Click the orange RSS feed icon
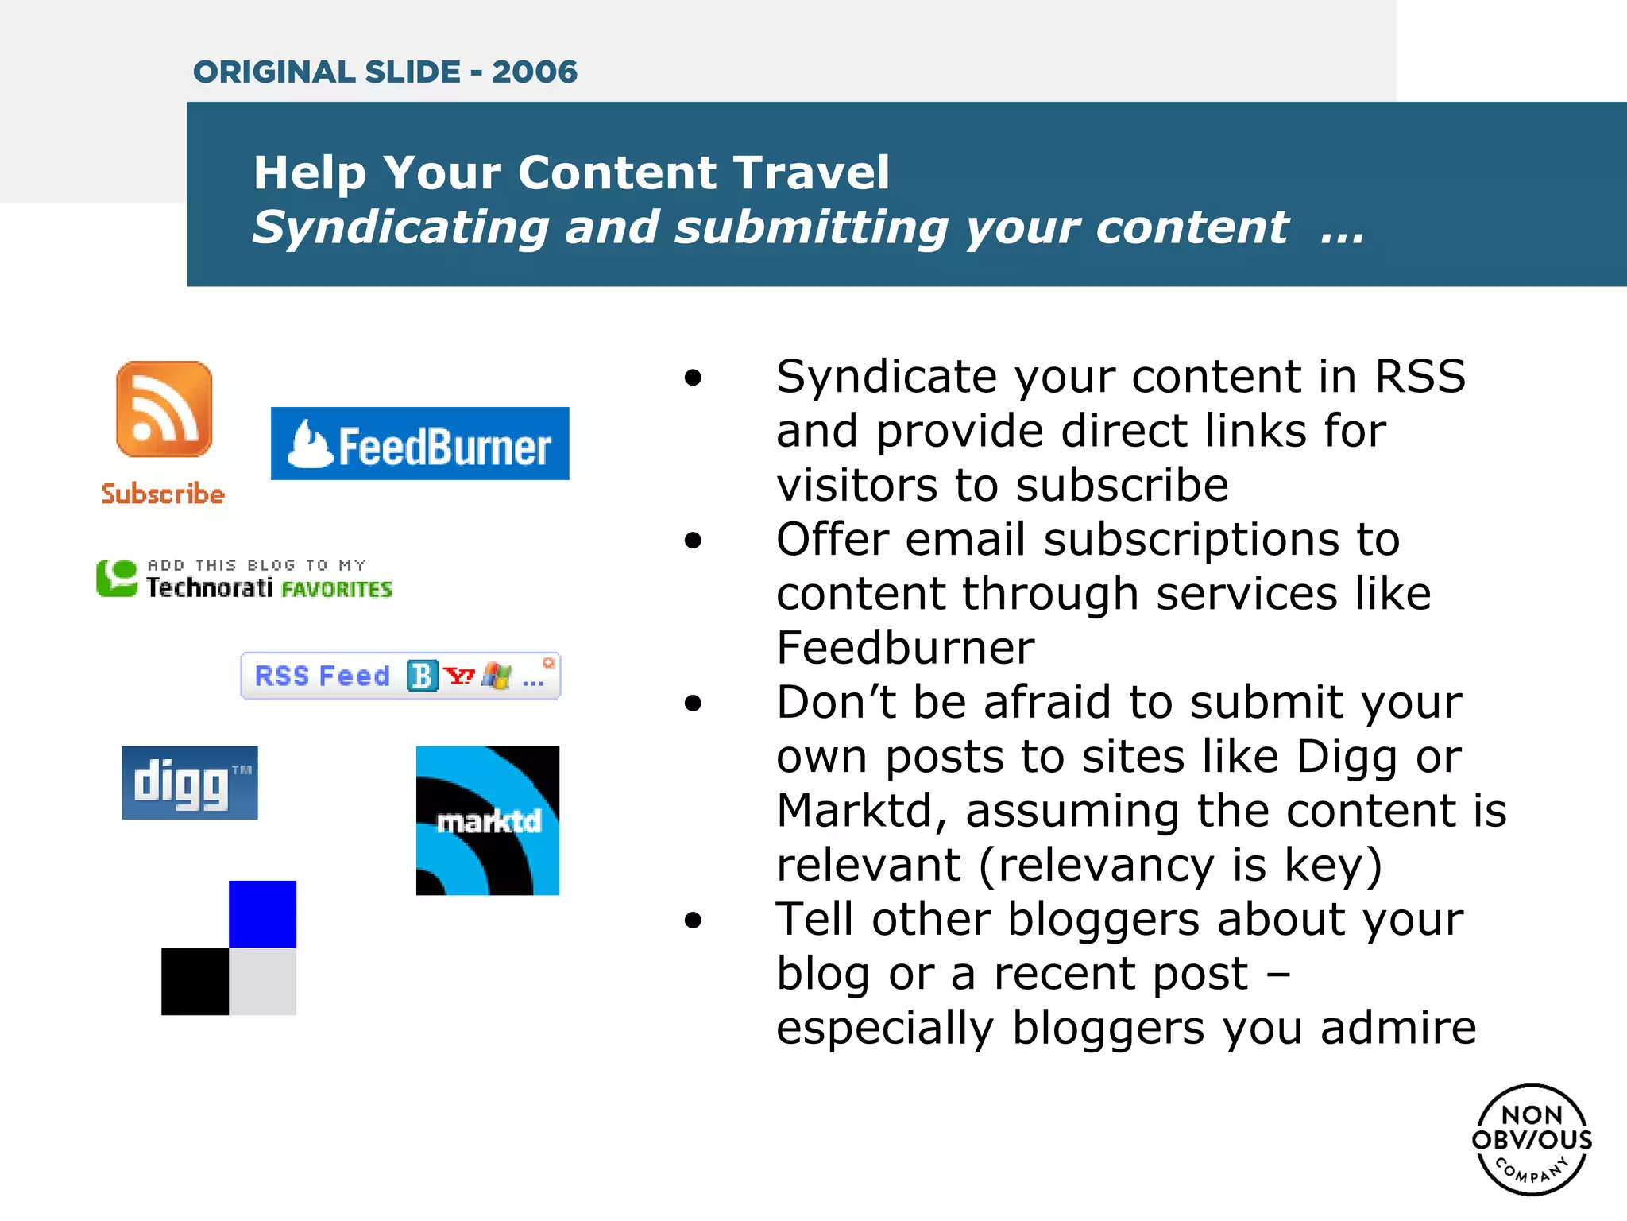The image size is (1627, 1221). [164, 409]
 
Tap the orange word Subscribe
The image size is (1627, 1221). [163, 494]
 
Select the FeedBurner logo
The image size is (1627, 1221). [419, 444]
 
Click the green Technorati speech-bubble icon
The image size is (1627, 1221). [117, 578]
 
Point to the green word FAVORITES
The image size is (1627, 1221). [337, 589]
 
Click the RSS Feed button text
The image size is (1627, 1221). [322, 676]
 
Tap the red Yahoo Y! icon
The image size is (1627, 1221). [458, 676]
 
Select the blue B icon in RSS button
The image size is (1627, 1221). [422, 676]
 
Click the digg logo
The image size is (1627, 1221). [189, 782]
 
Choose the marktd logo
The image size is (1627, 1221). [487, 820]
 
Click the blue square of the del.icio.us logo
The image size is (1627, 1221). [262, 913]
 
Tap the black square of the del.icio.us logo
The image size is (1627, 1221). [195, 981]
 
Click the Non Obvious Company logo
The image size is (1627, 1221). [1532, 1140]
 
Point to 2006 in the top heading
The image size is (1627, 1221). [534, 72]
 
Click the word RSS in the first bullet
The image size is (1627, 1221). [1420, 376]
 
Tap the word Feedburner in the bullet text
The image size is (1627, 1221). [905, 647]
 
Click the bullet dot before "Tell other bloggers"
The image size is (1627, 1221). [694, 921]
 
